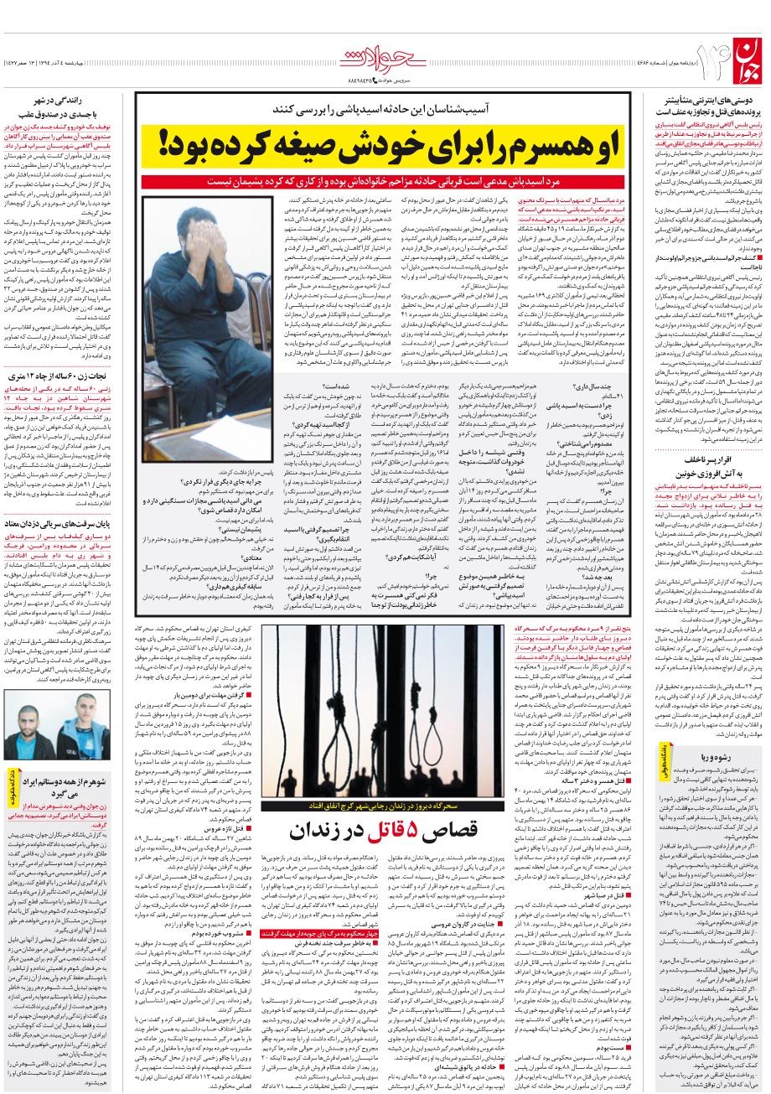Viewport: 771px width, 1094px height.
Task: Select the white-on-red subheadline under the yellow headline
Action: [381, 181]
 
